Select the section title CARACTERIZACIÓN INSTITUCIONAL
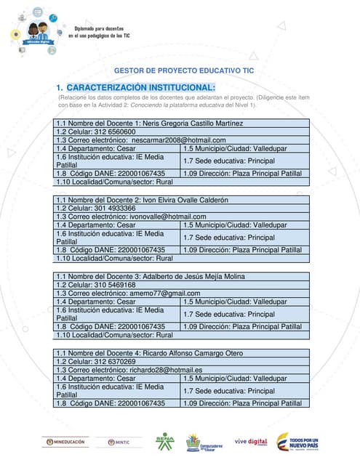[x=141, y=88]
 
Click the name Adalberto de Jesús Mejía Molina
[x=191, y=276]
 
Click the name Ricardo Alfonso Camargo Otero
[x=191, y=353]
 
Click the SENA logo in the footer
[x=164, y=441]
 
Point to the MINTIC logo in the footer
[x=119, y=442]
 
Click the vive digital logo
[x=250, y=441]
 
